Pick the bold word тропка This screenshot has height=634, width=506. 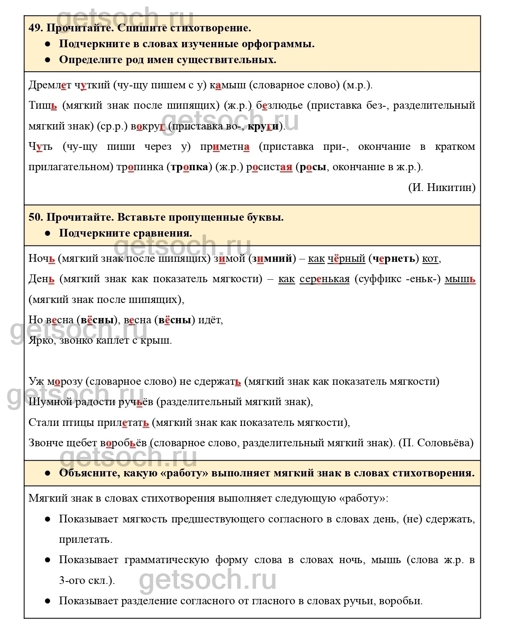coord(189,167)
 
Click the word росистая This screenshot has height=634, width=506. coord(269,167)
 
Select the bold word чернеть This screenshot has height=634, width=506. coord(394,259)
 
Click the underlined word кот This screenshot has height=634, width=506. coord(431,259)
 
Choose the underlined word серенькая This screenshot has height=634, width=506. coord(324,279)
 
